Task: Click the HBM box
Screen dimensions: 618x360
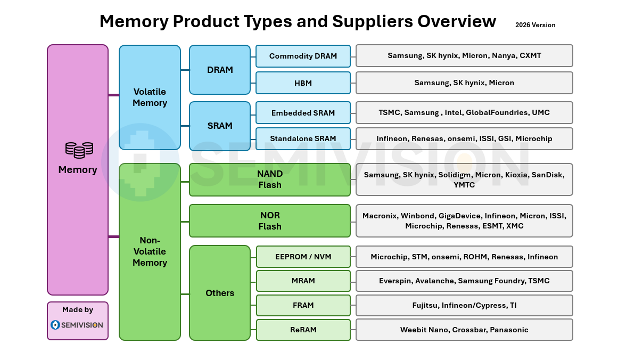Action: click(x=303, y=83)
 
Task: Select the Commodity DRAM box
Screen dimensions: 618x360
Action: click(x=303, y=56)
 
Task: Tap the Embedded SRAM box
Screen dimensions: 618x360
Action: click(x=303, y=113)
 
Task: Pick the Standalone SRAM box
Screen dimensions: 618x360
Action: click(x=303, y=139)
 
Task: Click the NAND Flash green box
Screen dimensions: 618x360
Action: click(x=270, y=180)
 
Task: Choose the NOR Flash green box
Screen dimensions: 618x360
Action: click(x=270, y=221)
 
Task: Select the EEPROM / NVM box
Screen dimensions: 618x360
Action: click(x=303, y=257)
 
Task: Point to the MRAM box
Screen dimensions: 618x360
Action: click(x=303, y=281)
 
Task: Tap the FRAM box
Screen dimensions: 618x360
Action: click(x=303, y=305)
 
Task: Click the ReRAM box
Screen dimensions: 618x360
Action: click(x=303, y=330)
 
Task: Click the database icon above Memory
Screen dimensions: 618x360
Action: click(x=79, y=150)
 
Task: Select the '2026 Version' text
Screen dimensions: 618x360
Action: click(x=535, y=25)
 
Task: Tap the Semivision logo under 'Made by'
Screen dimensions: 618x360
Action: click(x=77, y=325)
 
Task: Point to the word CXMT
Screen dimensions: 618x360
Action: click(x=530, y=55)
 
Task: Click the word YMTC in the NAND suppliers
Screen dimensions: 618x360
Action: click(x=464, y=185)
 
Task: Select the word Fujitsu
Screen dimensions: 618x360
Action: click(x=425, y=306)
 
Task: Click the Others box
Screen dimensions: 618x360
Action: click(x=220, y=293)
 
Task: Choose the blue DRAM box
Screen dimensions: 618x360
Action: click(x=220, y=70)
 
